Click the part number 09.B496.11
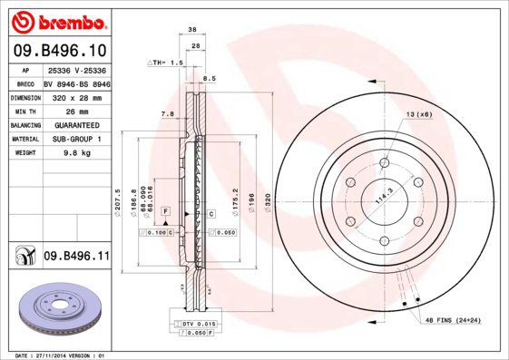(76, 257)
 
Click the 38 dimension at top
(191, 30)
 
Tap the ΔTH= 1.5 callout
(166, 63)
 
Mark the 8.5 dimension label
(210, 79)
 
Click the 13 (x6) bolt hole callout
(418, 113)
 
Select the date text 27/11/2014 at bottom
(59, 355)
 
